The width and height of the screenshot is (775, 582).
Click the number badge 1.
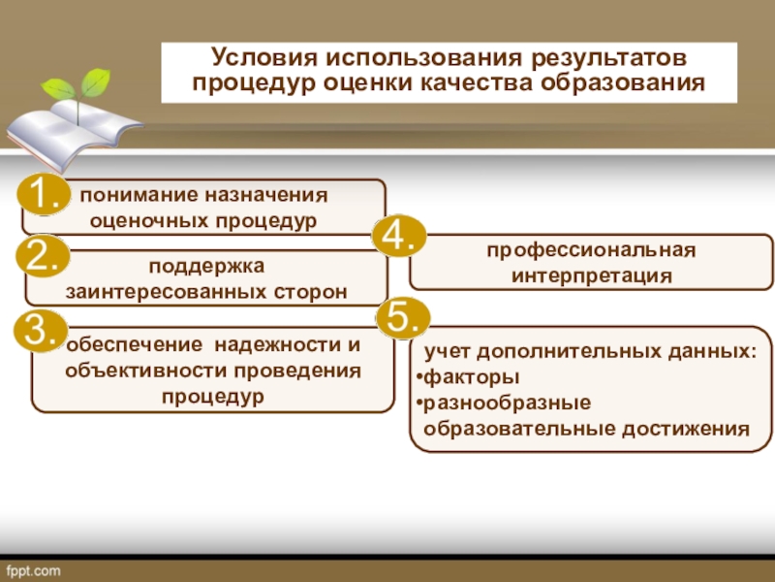(43, 196)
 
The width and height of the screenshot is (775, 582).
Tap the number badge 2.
(43, 257)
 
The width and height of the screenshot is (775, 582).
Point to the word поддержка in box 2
(205, 265)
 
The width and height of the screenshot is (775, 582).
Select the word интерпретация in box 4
(591, 276)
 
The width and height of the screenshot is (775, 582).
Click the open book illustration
(73, 131)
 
